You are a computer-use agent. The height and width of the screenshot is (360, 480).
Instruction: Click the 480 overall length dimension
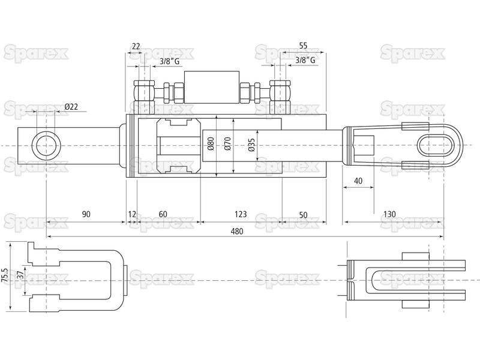(x=237, y=231)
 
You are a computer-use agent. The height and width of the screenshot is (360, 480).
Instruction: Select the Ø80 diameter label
(x=211, y=143)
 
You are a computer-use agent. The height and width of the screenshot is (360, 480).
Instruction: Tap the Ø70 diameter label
(x=227, y=143)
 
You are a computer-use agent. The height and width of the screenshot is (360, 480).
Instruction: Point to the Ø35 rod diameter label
(x=251, y=145)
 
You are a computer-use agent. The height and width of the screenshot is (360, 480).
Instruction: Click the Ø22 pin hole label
(x=71, y=107)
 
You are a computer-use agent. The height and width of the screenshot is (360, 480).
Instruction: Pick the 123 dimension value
(x=241, y=214)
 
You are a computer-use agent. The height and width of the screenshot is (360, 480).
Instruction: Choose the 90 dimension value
(x=86, y=214)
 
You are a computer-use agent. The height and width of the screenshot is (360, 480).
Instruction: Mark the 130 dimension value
(x=389, y=214)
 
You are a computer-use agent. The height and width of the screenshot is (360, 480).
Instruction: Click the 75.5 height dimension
(x=5, y=277)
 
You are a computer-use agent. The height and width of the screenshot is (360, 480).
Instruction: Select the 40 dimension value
(x=358, y=181)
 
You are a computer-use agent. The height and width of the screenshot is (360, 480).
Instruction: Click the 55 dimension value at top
(x=303, y=46)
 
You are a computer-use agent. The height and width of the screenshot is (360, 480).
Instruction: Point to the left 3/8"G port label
(x=170, y=61)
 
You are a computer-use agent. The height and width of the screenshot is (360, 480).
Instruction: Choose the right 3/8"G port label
(x=305, y=61)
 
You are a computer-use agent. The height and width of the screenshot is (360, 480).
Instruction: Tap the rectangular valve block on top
(x=212, y=88)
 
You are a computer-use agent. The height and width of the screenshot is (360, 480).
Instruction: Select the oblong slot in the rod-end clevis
(x=436, y=145)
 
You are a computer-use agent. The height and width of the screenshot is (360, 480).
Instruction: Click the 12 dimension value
(x=132, y=214)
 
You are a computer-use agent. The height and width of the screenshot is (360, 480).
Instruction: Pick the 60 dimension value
(x=163, y=214)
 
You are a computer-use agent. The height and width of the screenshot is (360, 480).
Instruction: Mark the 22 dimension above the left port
(x=136, y=47)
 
